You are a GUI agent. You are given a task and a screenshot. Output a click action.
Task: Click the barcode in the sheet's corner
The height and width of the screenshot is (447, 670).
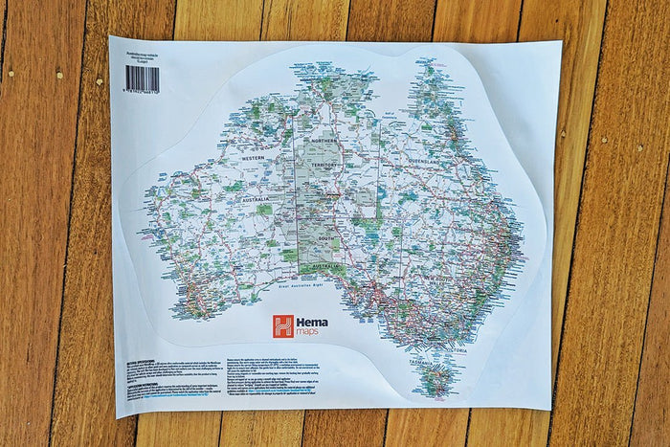coord(142,78)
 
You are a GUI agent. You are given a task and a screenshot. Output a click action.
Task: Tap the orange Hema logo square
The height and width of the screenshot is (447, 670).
coord(283,326)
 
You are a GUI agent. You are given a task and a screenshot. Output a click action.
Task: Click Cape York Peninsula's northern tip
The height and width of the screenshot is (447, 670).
coord(418,67)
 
